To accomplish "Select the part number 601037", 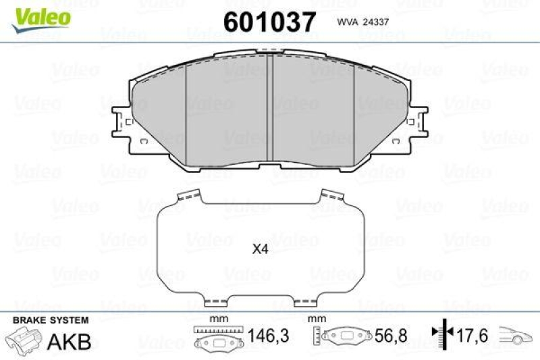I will [269, 23].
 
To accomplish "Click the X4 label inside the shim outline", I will [261, 249].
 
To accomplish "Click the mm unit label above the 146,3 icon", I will [217, 319].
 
